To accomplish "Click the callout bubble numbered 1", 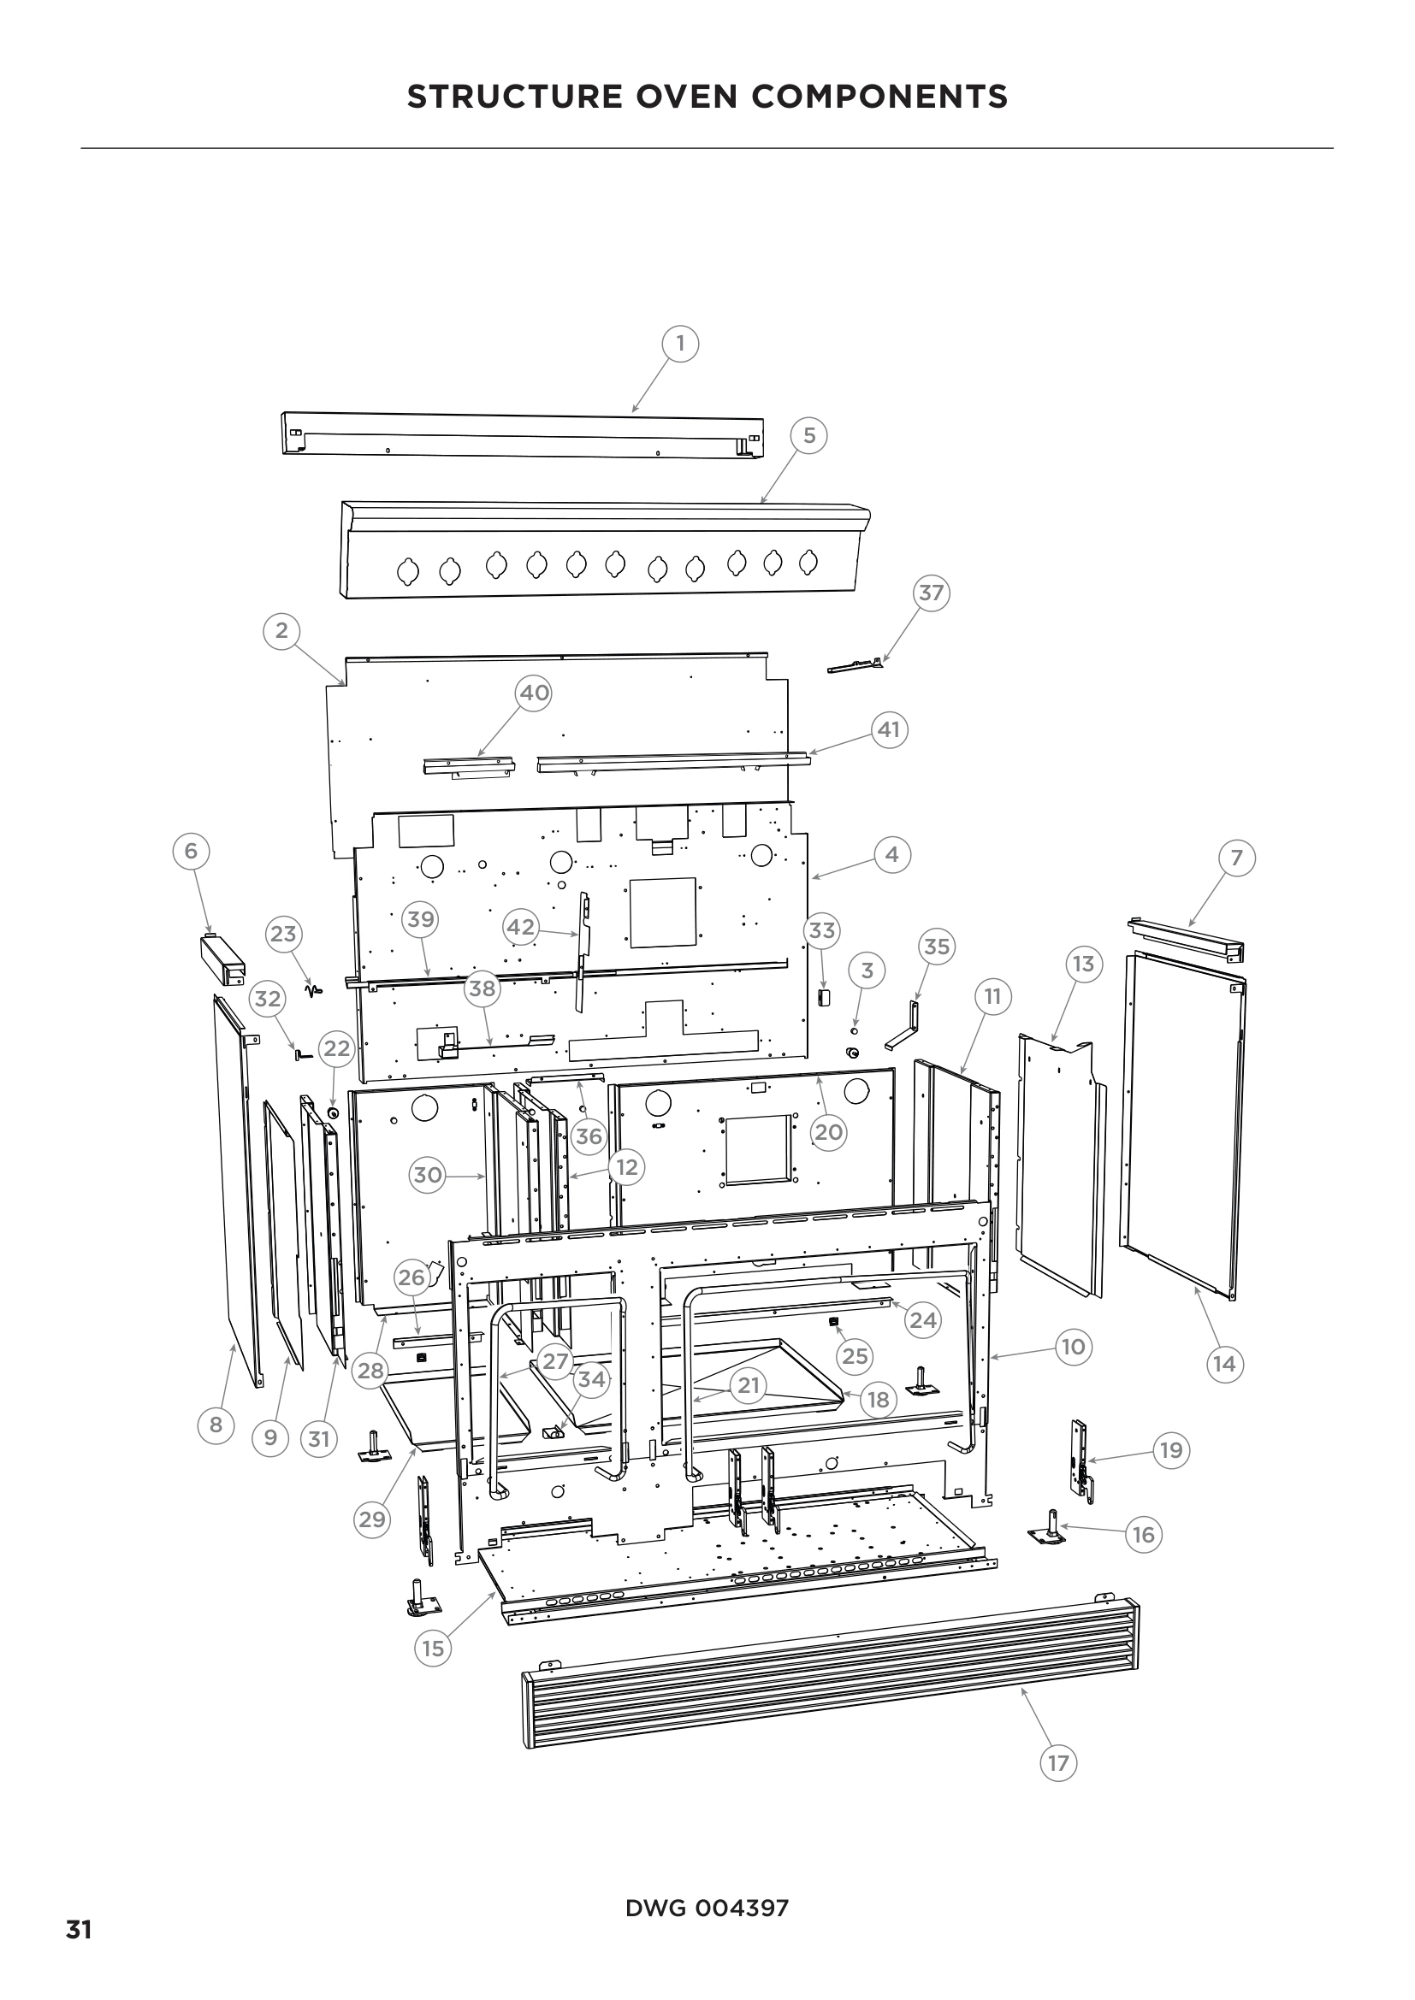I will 680,344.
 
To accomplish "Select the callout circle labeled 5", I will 809,435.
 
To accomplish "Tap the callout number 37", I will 932,593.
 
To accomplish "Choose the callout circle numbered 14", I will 1224,1364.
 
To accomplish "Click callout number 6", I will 192,851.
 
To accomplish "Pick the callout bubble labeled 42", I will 521,928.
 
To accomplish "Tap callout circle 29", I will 372,1520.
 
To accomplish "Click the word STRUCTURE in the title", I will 513,97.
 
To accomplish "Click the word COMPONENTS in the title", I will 879,97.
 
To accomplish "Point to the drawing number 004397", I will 742,1909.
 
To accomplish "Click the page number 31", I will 79,1924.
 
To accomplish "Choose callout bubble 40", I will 534,693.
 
